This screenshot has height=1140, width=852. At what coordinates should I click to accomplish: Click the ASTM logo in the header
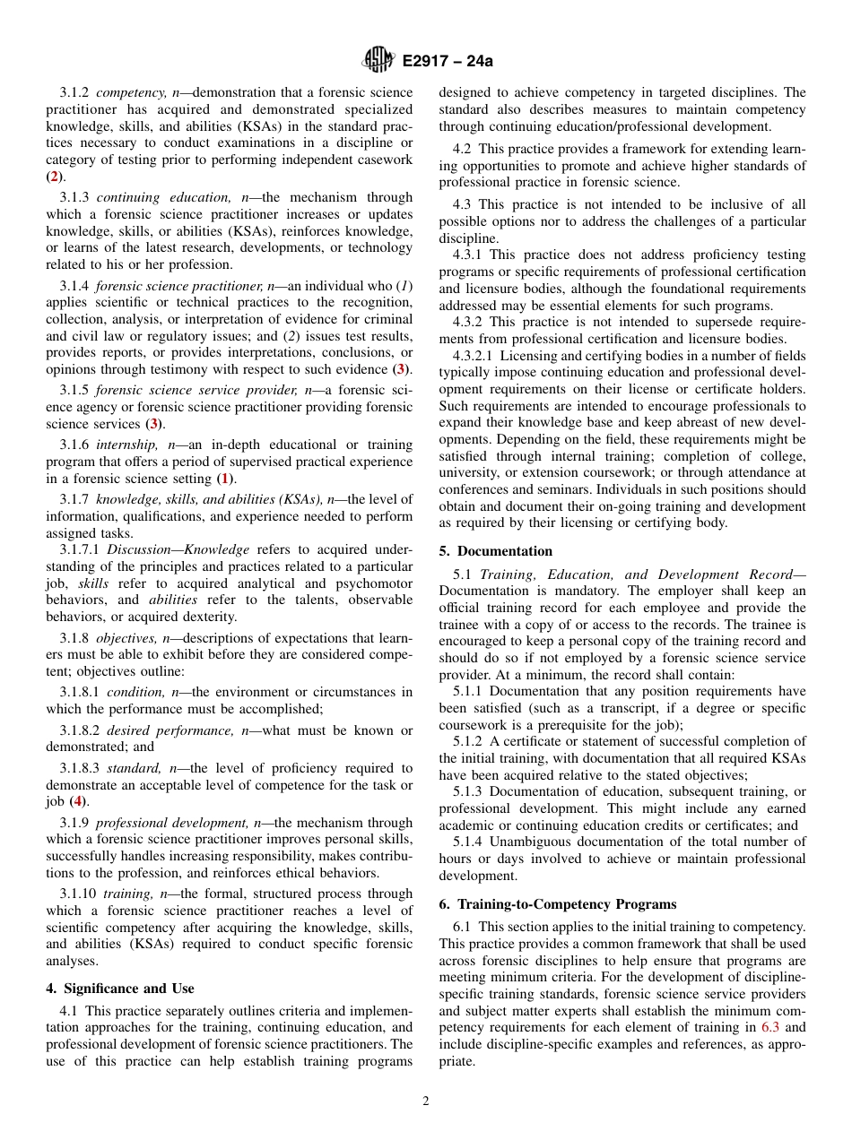point(378,60)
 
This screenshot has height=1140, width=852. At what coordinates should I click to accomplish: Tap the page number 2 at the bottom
point(426,1101)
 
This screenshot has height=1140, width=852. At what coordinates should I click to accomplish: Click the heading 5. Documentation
point(495,550)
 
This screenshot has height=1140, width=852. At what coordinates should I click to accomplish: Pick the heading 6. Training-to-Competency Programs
point(558,904)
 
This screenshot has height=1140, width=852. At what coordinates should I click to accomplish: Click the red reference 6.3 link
point(769,1027)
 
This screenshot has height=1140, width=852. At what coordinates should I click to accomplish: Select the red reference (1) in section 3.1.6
point(226,479)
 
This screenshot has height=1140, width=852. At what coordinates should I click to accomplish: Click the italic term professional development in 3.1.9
point(171,823)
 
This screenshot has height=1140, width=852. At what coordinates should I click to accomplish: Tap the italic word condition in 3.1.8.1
point(134,692)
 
